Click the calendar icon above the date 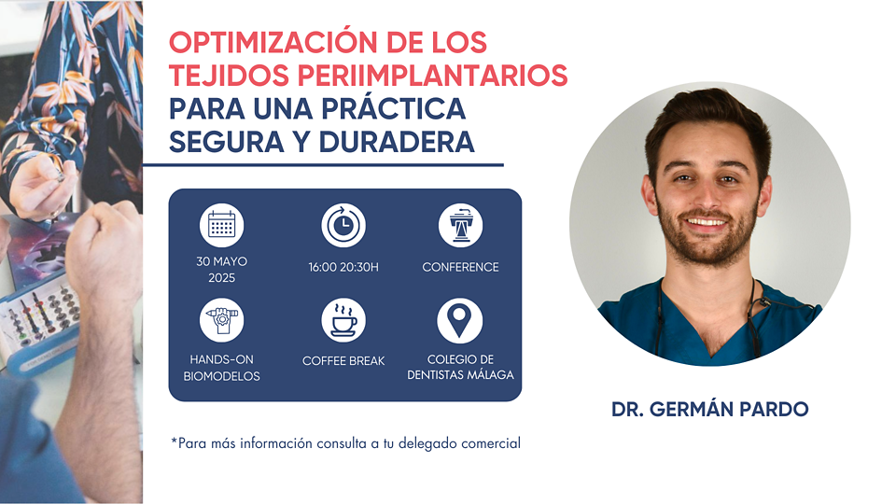[x=222, y=225]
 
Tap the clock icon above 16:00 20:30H [x=343, y=225]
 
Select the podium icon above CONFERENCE [x=460, y=225]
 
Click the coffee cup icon [x=343, y=320]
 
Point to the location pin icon [x=460, y=320]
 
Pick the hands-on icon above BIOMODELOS [x=222, y=320]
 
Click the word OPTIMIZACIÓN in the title [x=273, y=42]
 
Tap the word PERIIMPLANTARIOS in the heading [x=432, y=76]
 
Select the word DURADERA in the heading [x=397, y=142]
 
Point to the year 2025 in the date [x=222, y=278]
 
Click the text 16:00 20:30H [x=343, y=267]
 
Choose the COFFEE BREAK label [x=343, y=361]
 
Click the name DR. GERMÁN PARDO [x=709, y=409]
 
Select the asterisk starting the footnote [x=174, y=441]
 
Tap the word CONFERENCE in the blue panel [x=460, y=267]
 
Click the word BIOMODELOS [x=222, y=376]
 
